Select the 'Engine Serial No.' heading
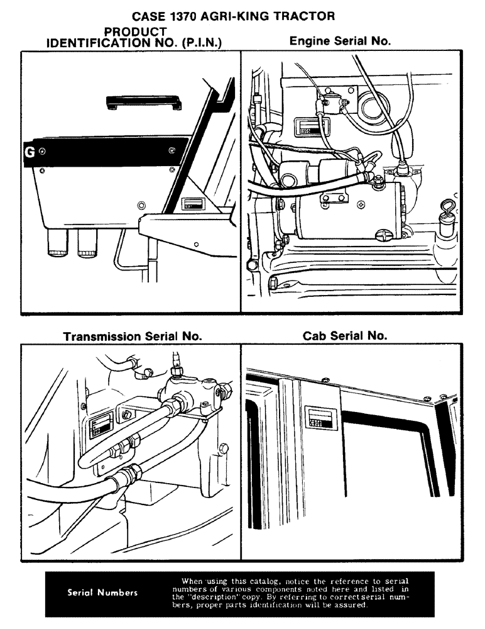click(340, 41)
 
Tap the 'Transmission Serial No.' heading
click(133, 337)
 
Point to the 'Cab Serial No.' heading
click(345, 336)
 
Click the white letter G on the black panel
click(29, 152)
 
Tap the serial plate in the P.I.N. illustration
click(192, 204)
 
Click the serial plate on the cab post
click(320, 417)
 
